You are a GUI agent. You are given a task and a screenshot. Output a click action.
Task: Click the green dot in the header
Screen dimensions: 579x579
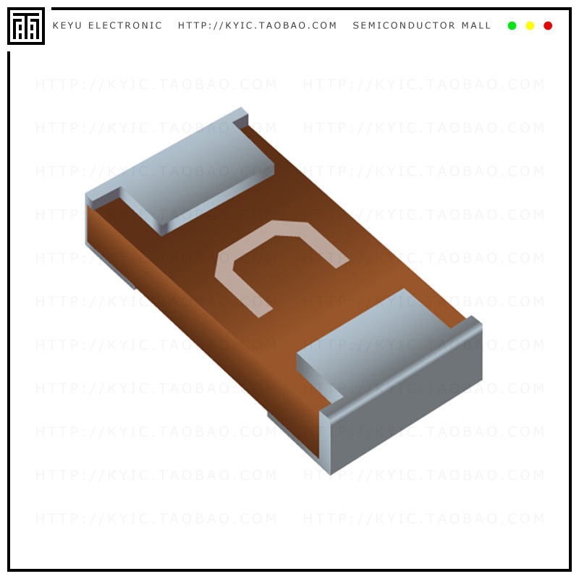[512, 26]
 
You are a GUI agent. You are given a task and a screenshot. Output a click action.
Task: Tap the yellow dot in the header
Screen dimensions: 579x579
[530, 26]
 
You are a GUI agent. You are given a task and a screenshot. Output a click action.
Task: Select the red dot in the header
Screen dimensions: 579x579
[548, 26]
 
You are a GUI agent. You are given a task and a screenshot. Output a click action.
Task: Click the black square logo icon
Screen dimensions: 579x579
[26, 26]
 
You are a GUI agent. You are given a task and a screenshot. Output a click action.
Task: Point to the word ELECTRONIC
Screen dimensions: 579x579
[125, 26]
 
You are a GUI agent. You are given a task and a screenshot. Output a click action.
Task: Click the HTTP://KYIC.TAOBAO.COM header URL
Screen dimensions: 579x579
[258, 26]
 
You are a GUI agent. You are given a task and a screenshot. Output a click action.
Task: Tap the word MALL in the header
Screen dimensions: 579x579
[476, 26]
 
